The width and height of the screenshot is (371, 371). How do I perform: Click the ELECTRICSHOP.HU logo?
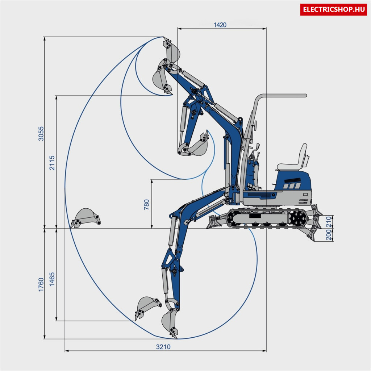(333, 9)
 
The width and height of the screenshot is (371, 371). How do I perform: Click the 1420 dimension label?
(220, 25)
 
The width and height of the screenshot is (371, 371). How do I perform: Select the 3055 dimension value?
(41, 134)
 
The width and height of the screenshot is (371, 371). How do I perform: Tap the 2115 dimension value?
(52, 163)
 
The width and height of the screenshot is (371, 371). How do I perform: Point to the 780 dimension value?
(146, 205)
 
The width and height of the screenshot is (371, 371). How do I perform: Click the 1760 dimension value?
(41, 285)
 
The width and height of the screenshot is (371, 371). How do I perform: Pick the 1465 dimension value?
(52, 279)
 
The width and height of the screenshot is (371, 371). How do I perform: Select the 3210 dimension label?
(163, 347)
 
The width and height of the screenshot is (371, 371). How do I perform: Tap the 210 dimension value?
(329, 222)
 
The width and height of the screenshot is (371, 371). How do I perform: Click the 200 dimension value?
(329, 235)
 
